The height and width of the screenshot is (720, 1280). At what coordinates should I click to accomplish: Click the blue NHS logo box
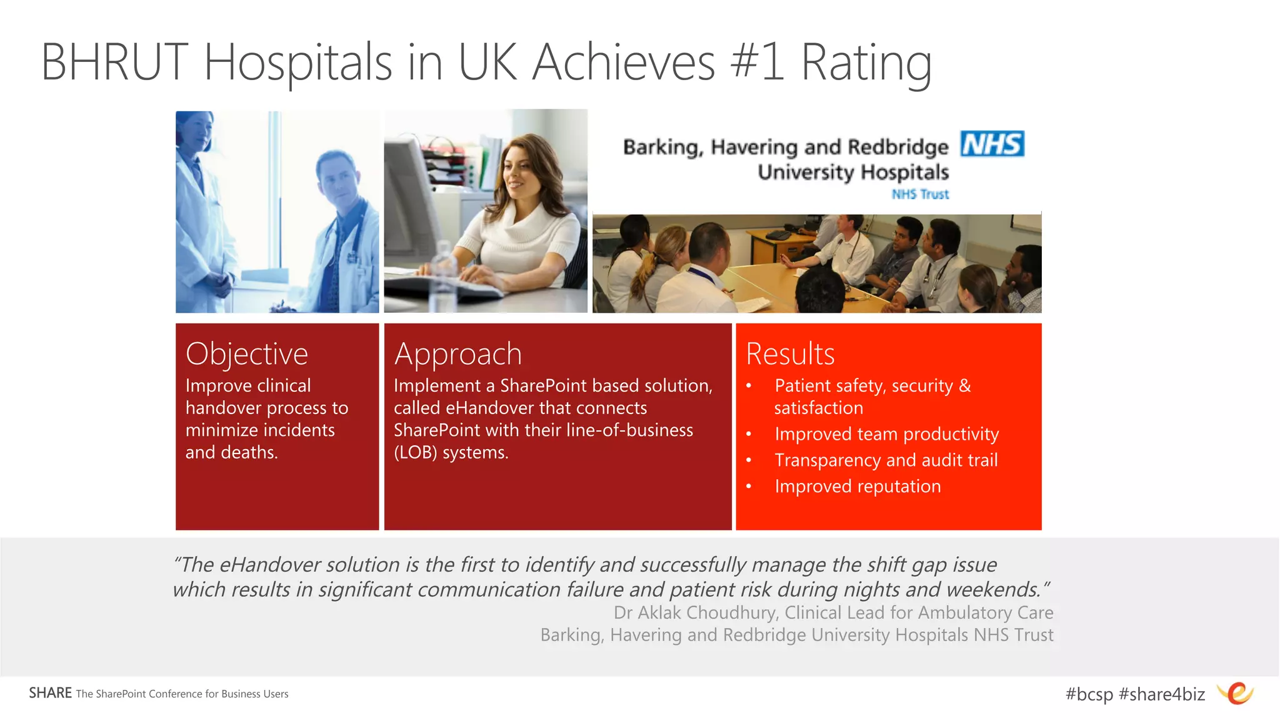tap(992, 144)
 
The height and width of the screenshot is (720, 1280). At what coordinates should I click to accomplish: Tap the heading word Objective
tap(247, 354)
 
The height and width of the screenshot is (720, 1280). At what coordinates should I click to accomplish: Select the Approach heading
tap(457, 354)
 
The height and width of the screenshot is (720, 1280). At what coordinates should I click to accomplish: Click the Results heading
tap(790, 354)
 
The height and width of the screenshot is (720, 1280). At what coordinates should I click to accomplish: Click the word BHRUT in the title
tap(115, 63)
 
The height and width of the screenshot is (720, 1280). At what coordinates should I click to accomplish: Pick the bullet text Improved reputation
tap(857, 487)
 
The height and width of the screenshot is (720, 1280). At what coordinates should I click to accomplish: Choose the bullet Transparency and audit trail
tap(886, 460)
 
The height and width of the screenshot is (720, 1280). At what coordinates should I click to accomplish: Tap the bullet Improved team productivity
tap(886, 434)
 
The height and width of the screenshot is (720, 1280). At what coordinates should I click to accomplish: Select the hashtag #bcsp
tap(1089, 694)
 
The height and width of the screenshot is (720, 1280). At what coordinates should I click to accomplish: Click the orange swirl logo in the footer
tap(1236, 693)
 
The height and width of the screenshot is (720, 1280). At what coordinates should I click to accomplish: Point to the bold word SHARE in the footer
tap(50, 693)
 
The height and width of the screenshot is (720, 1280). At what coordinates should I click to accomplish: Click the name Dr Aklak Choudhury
tap(694, 613)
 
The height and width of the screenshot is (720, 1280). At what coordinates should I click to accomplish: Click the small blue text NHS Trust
tap(920, 195)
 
